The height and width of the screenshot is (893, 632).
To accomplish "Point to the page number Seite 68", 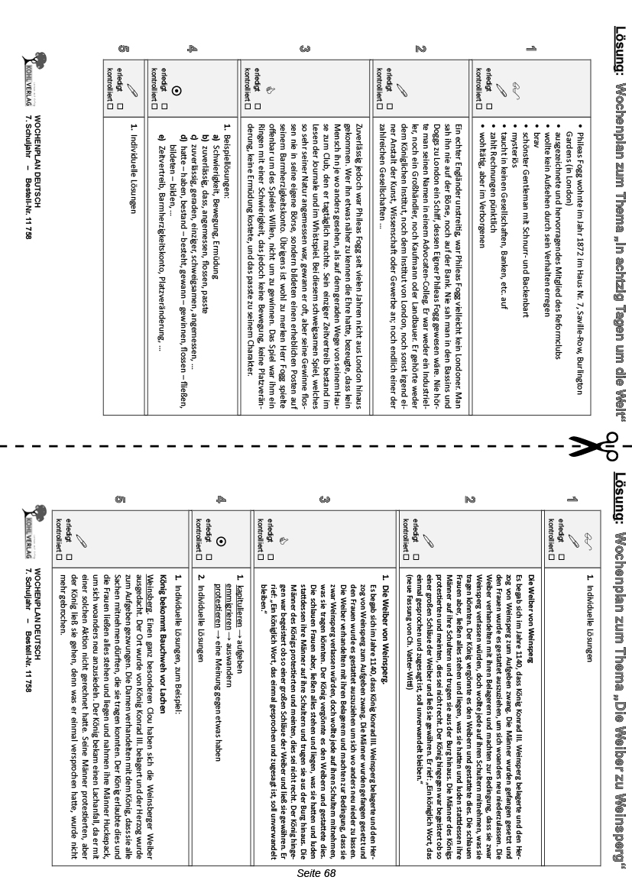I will tap(316, 872).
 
